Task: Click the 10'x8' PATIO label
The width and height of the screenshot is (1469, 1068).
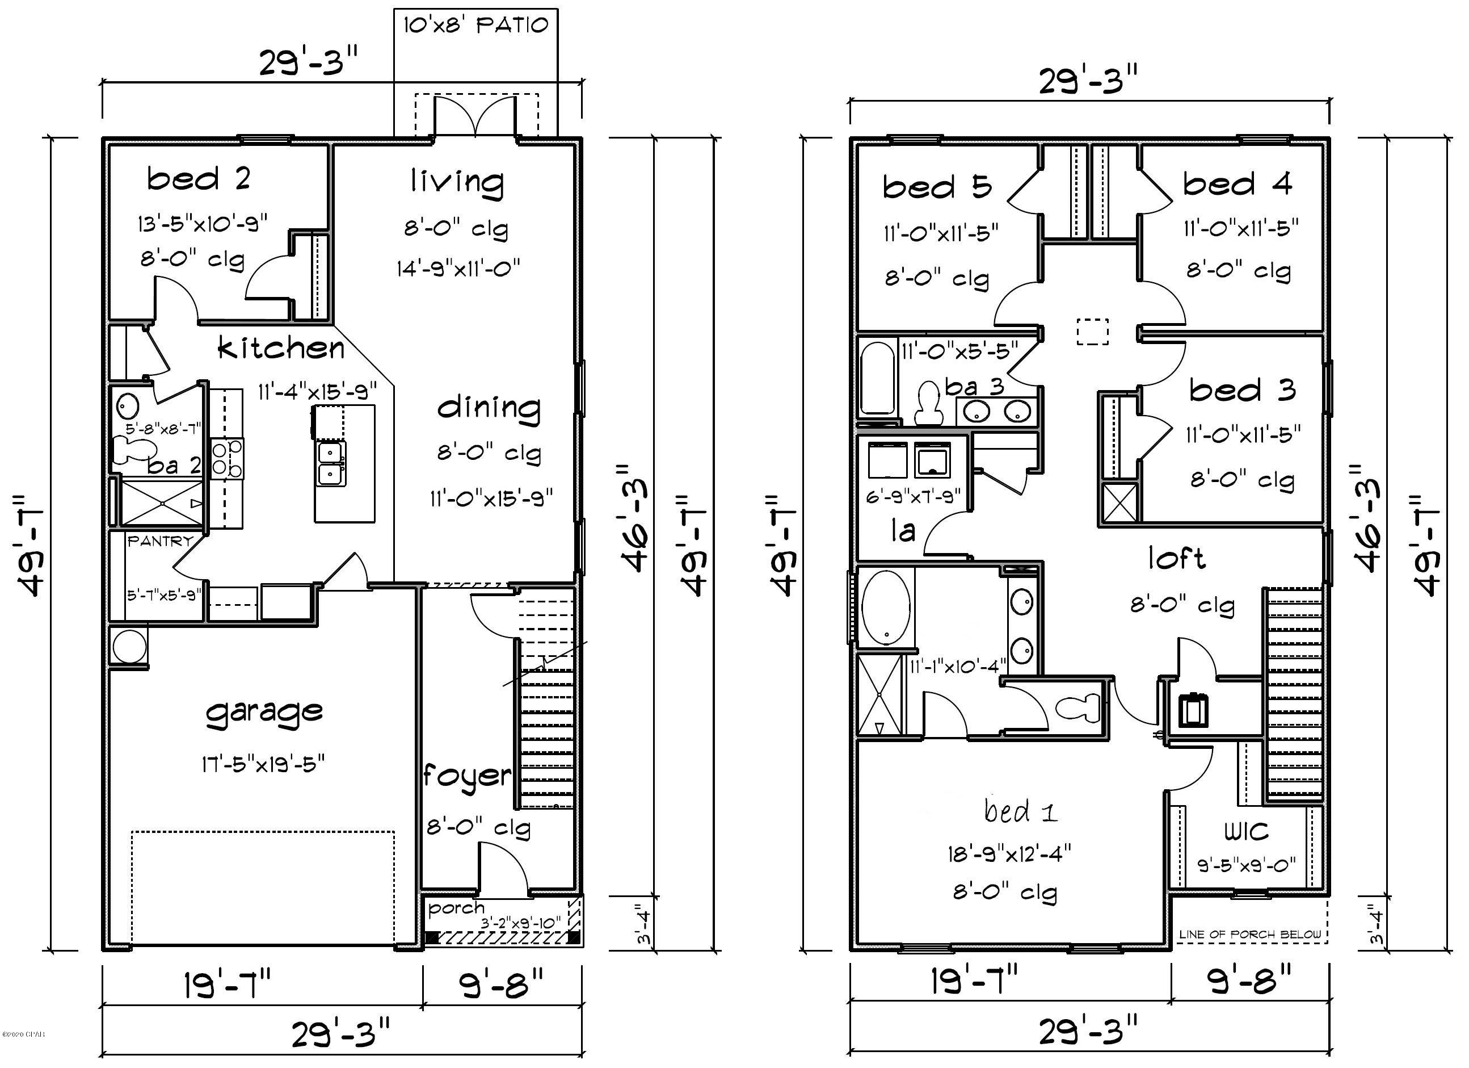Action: tap(475, 26)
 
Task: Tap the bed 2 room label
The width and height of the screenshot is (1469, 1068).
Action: tap(198, 179)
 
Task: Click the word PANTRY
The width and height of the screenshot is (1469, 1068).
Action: tap(160, 541)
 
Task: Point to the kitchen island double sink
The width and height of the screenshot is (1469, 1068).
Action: tap(331, 463)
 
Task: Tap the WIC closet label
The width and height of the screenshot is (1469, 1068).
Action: tap(1246, 831)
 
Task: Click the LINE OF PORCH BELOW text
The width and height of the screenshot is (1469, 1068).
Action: tap(1249, 935)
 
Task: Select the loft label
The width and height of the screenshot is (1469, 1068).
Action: tap(1176, 558)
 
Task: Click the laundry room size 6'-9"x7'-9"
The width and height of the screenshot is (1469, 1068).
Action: tap(914, 497)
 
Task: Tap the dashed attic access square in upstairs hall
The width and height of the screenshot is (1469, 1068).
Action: tap(1093, 331)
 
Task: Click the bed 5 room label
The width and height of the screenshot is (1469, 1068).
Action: tap(937, 187)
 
